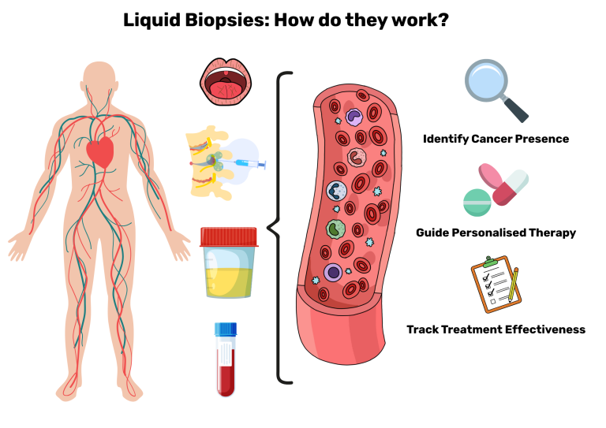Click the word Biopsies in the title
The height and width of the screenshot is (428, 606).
pos(220,21)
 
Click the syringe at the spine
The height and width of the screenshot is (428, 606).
pos(245,163)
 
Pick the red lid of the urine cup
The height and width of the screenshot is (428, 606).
pos(229,236)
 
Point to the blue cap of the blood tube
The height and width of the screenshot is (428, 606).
pos(226,329)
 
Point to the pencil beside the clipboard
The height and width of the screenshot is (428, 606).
pos(514,285)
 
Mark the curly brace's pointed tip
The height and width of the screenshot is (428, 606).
pos(269,229)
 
